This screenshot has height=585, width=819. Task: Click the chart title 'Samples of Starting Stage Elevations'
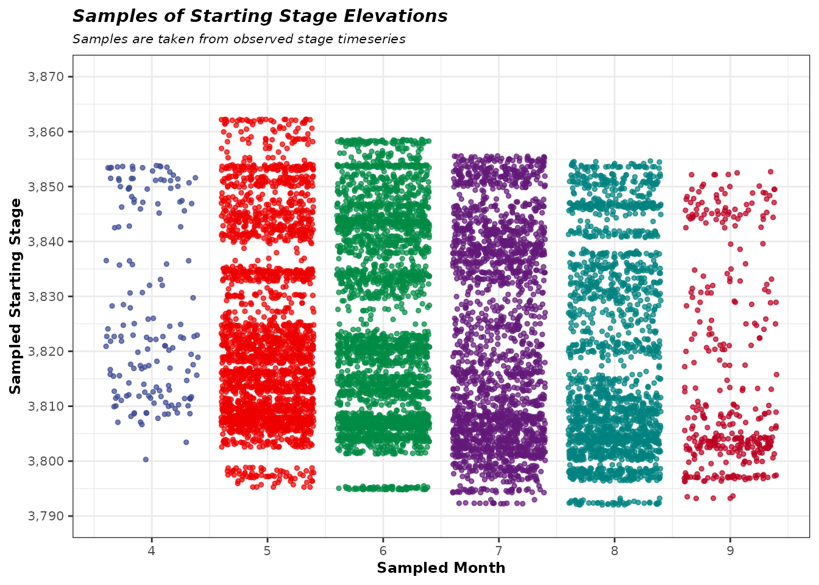tap(260, 16)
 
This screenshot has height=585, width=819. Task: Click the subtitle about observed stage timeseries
tap(239, 40)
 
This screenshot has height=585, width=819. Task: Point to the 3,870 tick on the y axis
tap(46, 77)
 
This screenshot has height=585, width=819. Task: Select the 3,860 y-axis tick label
tap(46, 132)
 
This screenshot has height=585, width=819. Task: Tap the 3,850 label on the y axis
tap(46, 186)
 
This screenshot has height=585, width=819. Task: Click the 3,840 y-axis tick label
tap(46, 241)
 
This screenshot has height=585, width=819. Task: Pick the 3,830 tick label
tap(46, 296)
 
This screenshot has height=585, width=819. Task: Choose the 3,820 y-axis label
tap(46, 351)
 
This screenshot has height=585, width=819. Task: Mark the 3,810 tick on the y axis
tap(46, 406)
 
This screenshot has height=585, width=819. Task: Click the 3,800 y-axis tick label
tap(46, 461)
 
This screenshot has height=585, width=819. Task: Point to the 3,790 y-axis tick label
tap(46, 516)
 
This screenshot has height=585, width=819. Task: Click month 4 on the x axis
tap(152, 550)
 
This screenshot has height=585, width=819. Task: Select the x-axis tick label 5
tap(268, 550)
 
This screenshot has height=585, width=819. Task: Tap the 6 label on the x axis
tap(383, 550)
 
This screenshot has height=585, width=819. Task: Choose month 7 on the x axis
tap(499, 550)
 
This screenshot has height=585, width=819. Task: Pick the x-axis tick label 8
tap(614, 550)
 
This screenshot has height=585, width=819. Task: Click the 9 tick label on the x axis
tap(730, 550)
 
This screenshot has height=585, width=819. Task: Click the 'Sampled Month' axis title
tap(441, 568)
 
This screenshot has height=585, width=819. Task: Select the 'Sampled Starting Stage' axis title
tap(16, 296)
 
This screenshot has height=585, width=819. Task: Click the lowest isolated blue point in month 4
tap(146, 459)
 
